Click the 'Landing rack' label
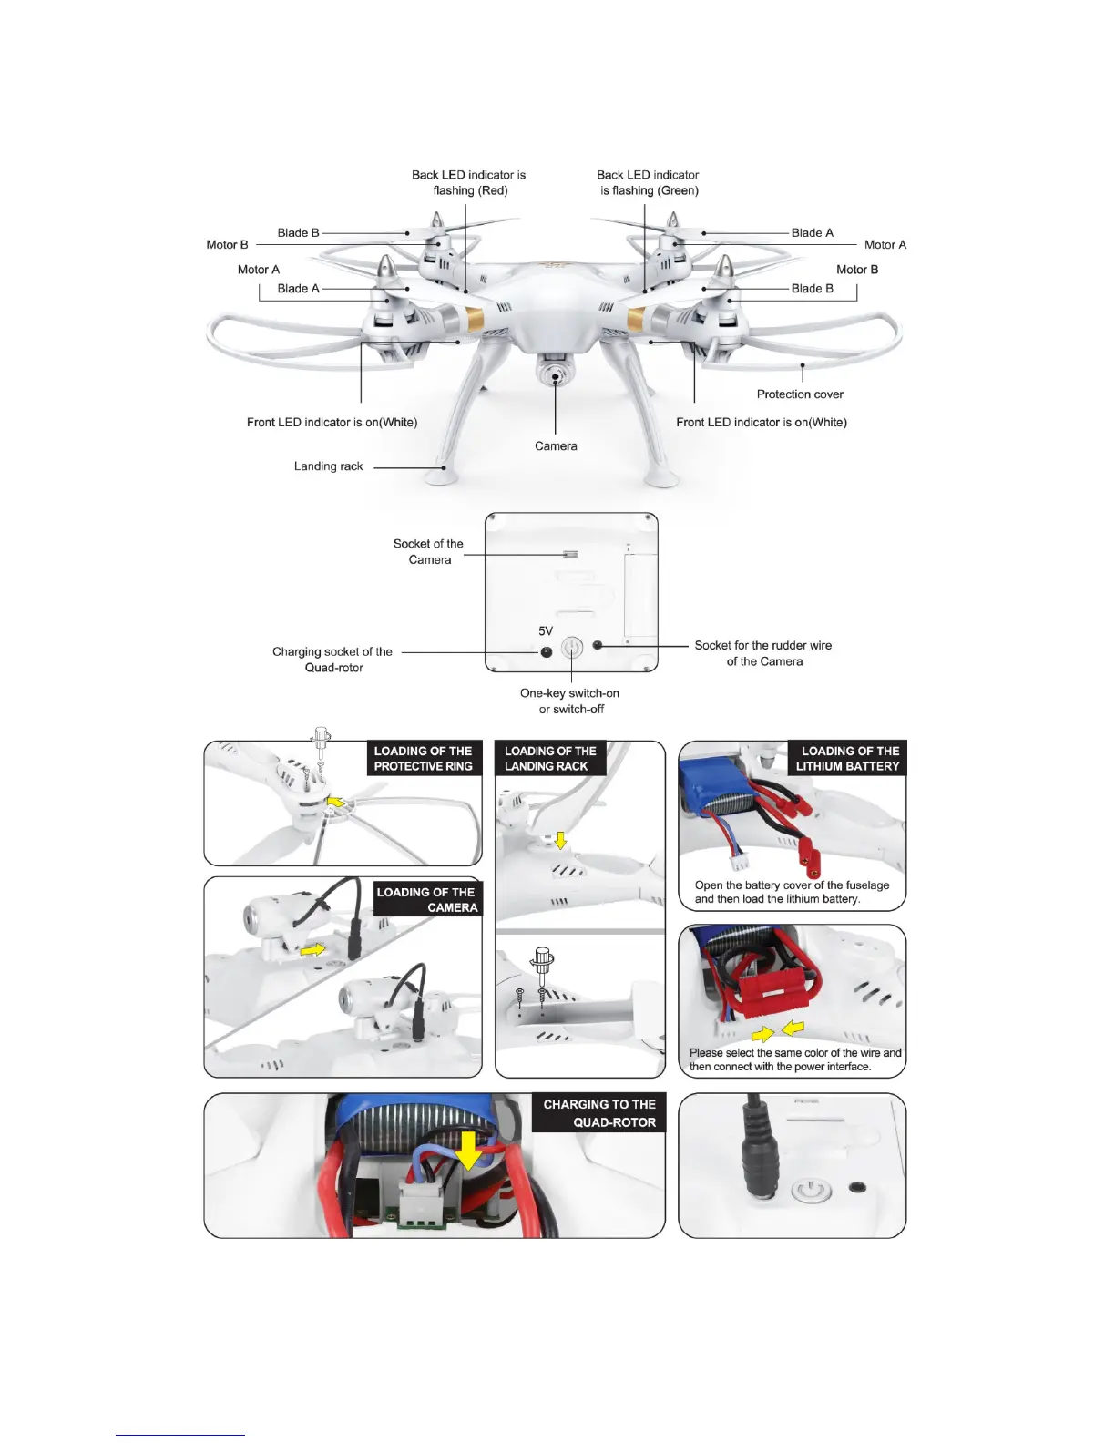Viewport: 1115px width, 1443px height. click(x=328, y=466)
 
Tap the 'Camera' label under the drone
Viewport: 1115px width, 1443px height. click(x=556, y=446)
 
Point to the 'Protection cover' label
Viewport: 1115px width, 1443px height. click(x=800, y=394)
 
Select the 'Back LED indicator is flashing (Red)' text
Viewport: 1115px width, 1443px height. click(x=469, y=182)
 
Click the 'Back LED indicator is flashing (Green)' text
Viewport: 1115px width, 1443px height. click(x=649, y=182)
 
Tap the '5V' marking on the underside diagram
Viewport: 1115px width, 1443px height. click(x=546, y=630)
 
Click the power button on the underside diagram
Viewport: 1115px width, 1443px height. click(x=571, y=648)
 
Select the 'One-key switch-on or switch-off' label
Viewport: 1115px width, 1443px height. click(x=570, y=701)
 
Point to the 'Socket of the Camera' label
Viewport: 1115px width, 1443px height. click(x=428, y=552)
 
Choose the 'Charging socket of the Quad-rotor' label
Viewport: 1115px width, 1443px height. click(x=332, y=660)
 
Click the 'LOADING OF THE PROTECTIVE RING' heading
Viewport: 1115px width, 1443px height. click(x=424, y=759)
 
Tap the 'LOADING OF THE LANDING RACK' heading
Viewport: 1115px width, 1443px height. click(x=549, y=759)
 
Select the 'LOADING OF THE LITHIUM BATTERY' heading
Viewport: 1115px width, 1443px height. click(x=848, y=759)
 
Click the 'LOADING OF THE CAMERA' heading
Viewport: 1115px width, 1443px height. click(x=426, y=900)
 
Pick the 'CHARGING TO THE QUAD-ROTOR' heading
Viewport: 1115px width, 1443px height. click(x=599, y=1113)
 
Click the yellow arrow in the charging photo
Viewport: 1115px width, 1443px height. click(x=468, y=1150)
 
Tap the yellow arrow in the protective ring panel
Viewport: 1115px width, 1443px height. click(x=336, y=803)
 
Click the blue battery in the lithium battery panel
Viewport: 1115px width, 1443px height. click(x=712, y=784)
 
